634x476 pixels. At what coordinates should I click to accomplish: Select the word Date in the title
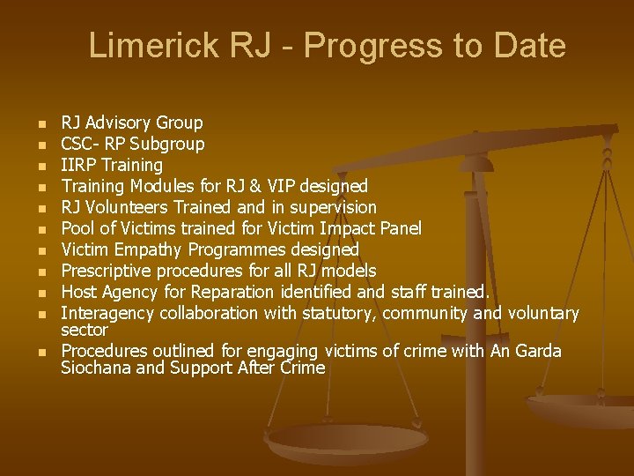click(x=529, y=45)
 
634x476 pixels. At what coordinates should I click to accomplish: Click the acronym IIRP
click(x=78, y=165)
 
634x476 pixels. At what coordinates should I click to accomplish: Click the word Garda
click(x=538, y=351)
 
